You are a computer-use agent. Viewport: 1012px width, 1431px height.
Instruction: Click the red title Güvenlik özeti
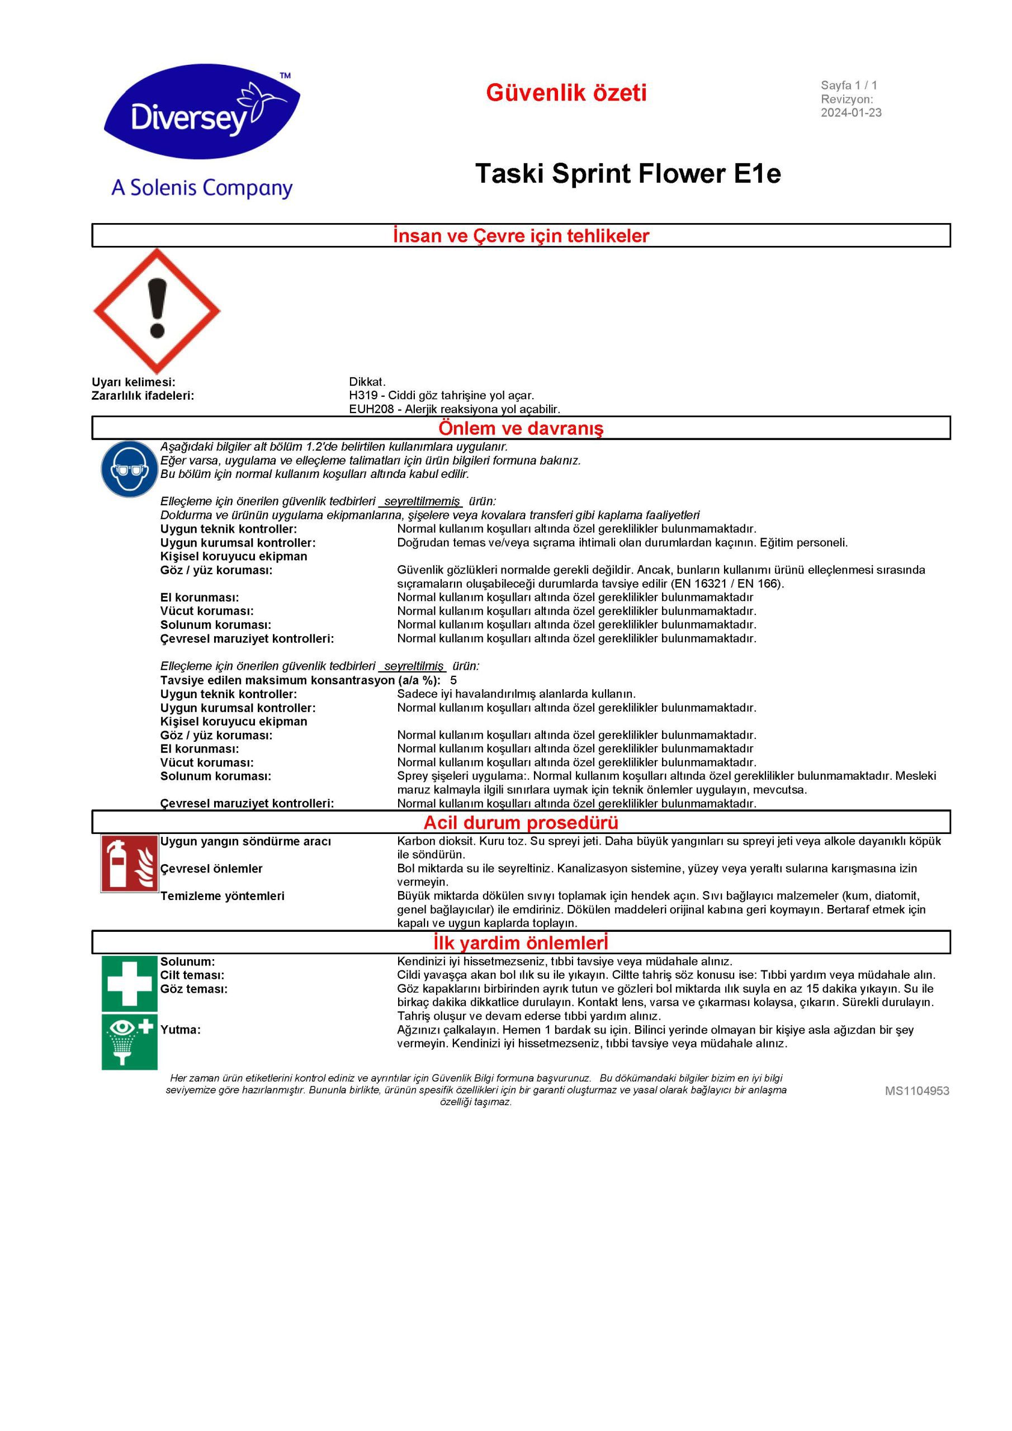[x=566, y=93]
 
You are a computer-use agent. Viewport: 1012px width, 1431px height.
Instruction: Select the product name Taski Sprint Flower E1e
[x=627, y=173]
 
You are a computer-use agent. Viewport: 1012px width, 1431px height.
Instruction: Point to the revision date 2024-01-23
[x=850, y=113]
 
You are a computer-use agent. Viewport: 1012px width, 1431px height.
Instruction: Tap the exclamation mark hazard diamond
[x=157, y=310]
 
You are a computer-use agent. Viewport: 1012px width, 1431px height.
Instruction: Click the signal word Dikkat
[x=367, y=381]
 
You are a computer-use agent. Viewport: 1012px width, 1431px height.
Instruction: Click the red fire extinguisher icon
[x=129, y=864]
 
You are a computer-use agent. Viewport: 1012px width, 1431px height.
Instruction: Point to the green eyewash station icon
[x=129, y=1041]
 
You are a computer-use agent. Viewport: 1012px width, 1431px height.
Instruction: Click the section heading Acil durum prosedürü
[x=521, y=822]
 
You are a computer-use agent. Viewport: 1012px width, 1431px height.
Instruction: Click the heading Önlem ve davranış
[x=521, y=428]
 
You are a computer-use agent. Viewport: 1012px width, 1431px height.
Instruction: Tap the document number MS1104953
[x=916, y=1091]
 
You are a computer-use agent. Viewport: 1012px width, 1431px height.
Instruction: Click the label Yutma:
[x=180, y=1030]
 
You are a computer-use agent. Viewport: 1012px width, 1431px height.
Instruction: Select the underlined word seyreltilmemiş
[x=422, y=501]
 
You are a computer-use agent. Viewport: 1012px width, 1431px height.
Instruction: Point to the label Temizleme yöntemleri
[x=222, y=895]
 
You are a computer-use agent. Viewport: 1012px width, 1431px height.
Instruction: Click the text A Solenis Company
[x=201, y=188]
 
